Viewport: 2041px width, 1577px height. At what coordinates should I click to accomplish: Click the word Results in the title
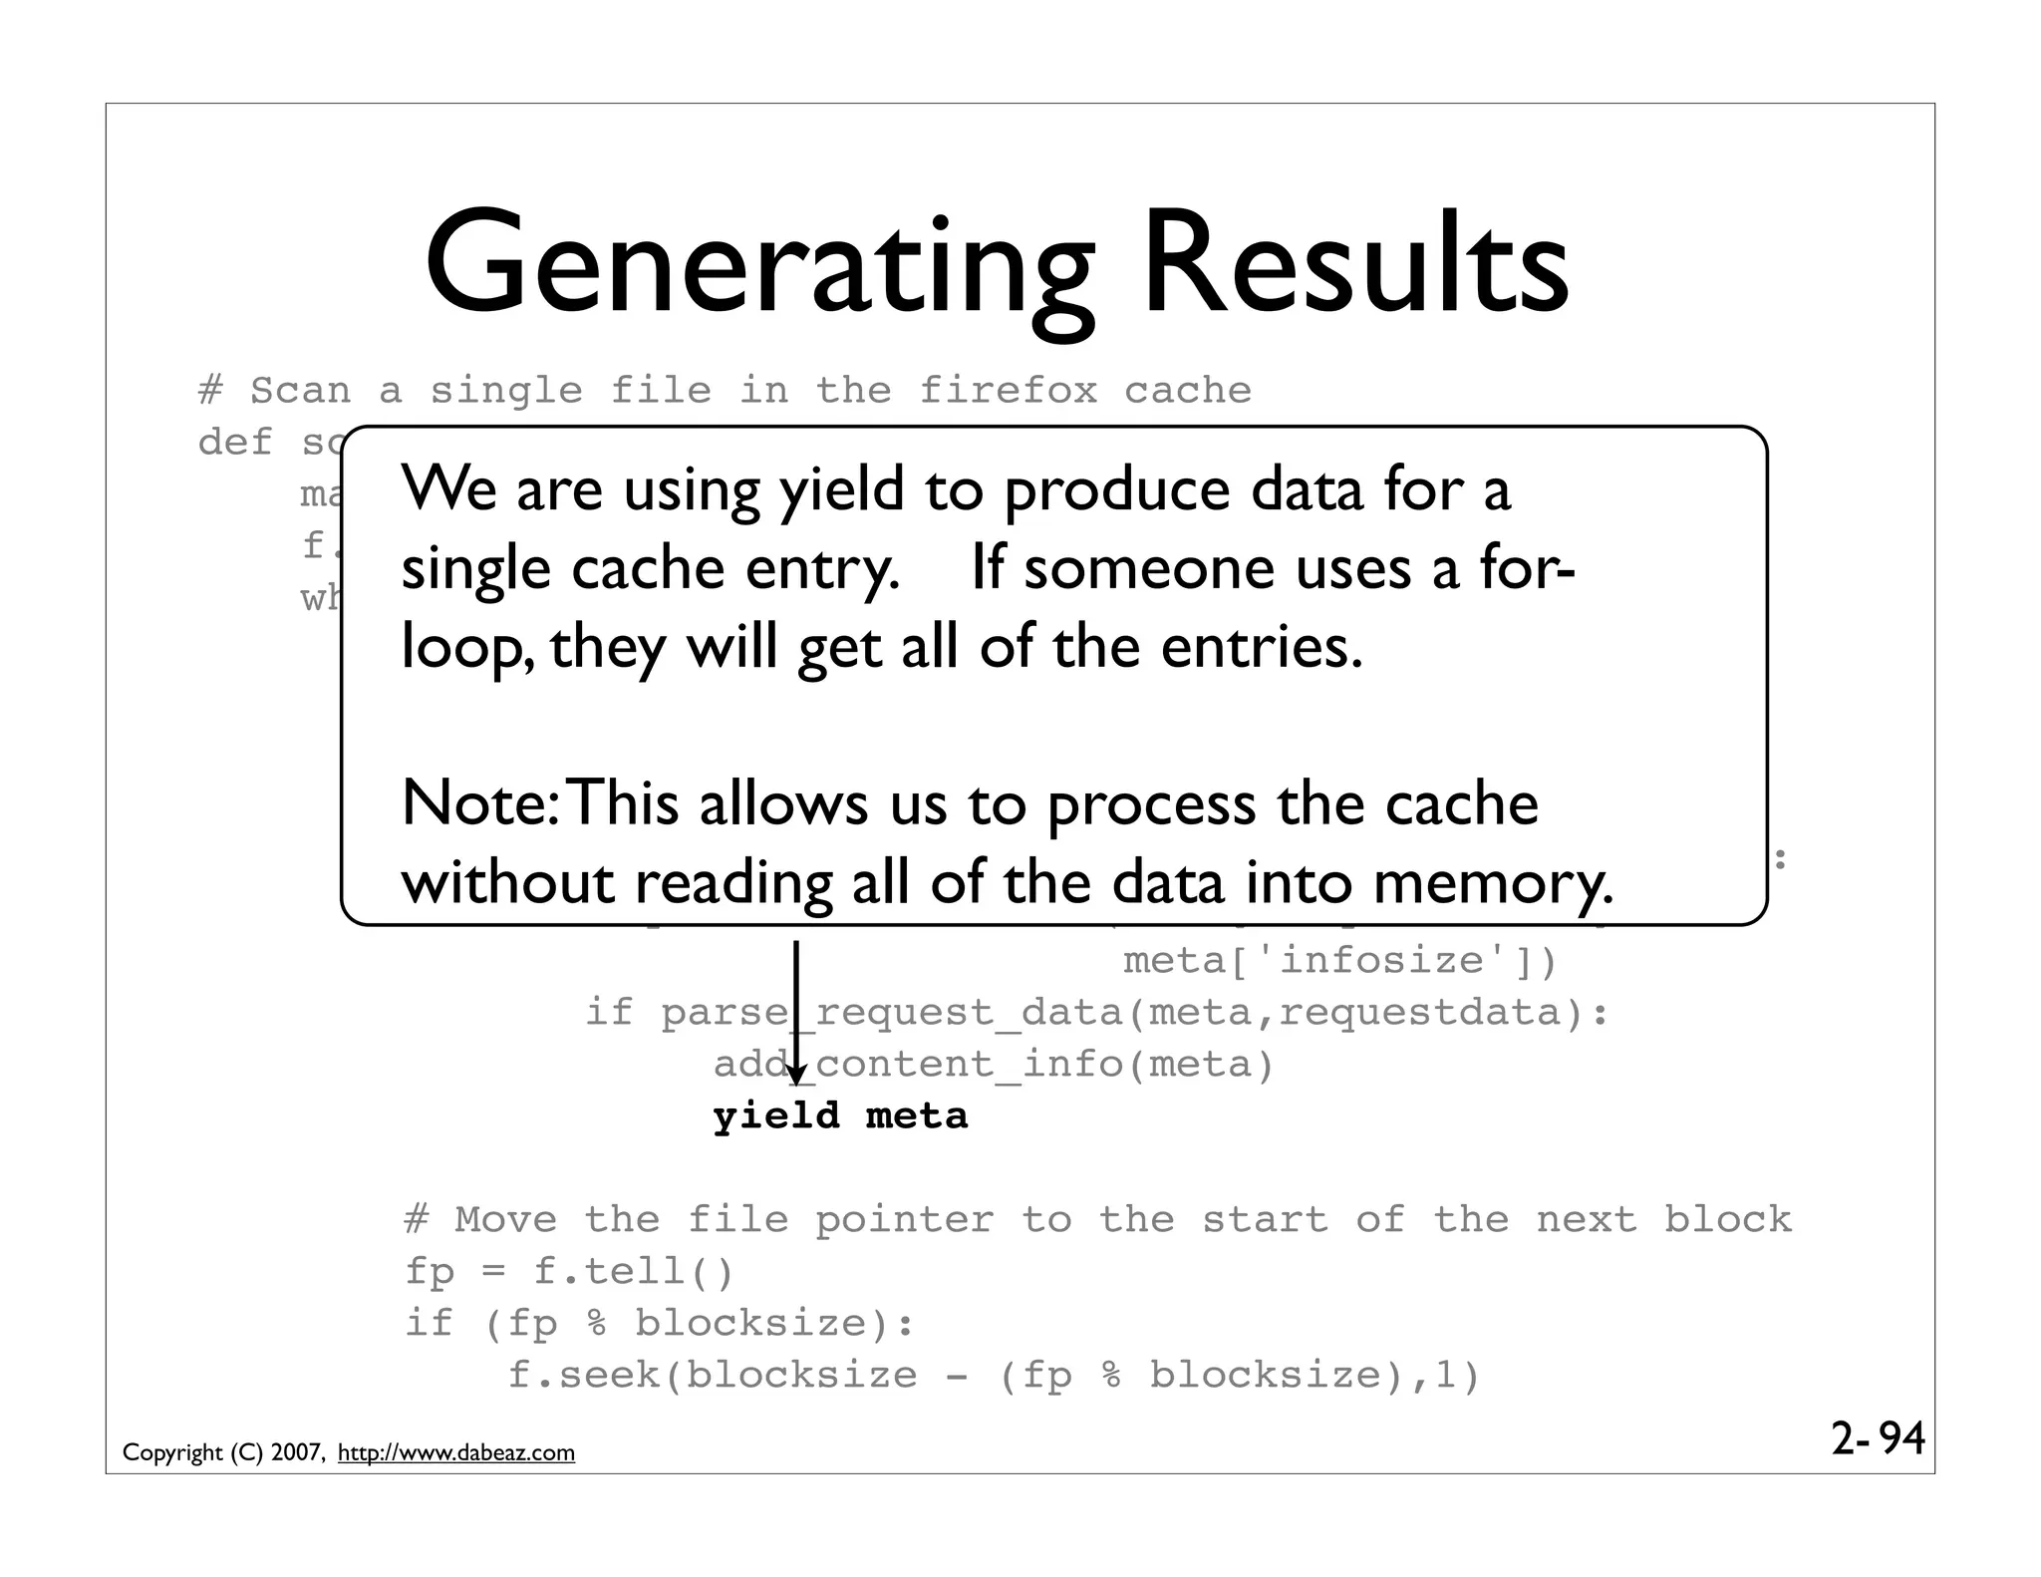point(1355,264)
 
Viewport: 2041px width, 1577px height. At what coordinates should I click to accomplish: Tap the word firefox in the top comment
point(1008,390)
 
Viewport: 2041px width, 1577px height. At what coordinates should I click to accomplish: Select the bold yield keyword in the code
point(776,1115)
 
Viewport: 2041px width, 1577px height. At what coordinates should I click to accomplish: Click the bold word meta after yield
point(917,1115)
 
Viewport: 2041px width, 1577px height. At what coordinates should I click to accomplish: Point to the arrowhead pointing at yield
point(795,1077)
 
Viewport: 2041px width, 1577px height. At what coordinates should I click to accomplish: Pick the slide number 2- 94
point(1877,1439)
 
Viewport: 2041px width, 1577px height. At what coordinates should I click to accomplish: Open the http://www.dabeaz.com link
point(456,1453)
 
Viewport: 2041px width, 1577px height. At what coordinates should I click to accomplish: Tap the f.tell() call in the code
point(634,1272)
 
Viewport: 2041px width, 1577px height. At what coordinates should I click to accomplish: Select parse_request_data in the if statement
point(891,1013)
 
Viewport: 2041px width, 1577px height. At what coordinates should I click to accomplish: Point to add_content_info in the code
point(917,1065)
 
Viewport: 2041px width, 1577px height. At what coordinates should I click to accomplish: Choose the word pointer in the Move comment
point(904,1220)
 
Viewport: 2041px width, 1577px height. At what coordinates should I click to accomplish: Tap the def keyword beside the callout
point(235,442)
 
